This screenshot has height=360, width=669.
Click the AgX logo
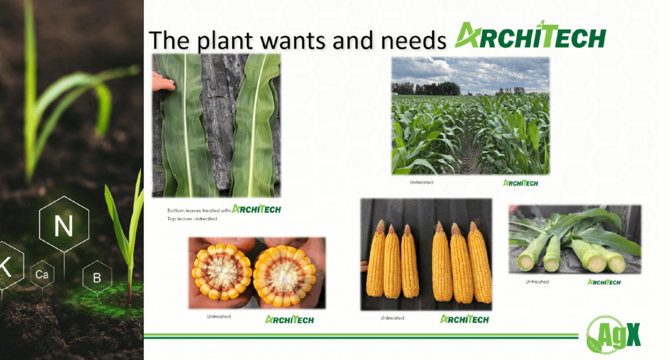tap(614, 335)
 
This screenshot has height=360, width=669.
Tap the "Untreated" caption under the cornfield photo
tap(421, 182)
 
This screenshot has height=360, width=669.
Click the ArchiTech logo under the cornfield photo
tap(521, 183)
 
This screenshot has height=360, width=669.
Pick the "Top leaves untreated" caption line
tap(192, 219)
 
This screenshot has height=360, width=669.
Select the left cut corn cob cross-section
tap(222, 271)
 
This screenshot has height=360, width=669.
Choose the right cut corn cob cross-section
tap(284, 275)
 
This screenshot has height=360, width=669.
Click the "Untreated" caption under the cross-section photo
tap(219, 317)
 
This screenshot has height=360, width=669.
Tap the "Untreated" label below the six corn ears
tap(392, 318)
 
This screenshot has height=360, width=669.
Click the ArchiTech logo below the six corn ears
tap(464, 319)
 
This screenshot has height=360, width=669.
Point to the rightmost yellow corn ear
tap(479, 262)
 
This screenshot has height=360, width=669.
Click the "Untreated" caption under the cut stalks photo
tap(537, 281)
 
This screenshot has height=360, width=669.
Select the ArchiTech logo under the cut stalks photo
tap(604, 282)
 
